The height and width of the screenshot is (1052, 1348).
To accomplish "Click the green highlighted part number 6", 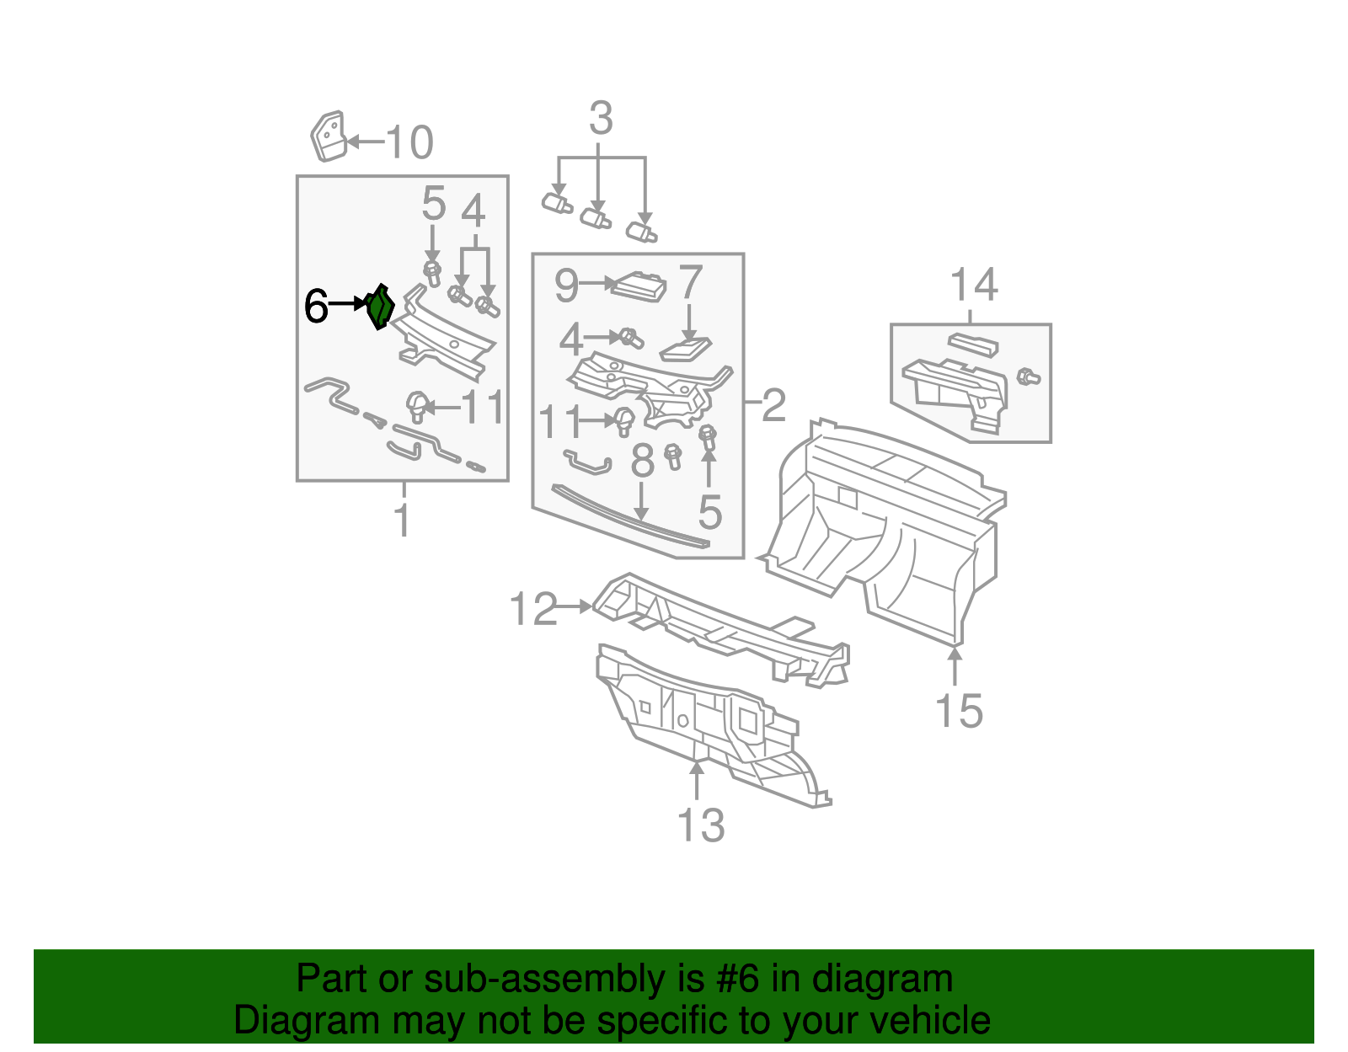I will (x=381, y=307).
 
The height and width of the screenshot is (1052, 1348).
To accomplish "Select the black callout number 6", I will (x=316, y=307).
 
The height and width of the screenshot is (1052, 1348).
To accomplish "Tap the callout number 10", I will (x=410, y=142).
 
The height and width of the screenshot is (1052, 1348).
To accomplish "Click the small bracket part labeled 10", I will (x=329, y=135).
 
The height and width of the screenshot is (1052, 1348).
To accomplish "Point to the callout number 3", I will (x=600, y=119).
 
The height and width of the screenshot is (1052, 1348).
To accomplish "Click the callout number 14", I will (x=974, y=286).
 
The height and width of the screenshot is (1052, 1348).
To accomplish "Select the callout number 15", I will (x=958, y=711).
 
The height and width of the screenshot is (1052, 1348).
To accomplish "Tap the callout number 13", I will (x=701, y=825).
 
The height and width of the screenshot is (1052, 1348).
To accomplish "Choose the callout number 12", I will (x=533, y=609).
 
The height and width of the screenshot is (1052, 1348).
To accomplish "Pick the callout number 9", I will (x=566, y=286).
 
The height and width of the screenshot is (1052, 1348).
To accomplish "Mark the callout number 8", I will (x=642, y=462).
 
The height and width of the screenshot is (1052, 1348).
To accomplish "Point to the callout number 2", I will (x=773, y=406).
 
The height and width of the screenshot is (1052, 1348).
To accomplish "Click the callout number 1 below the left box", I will (x=403, y=520).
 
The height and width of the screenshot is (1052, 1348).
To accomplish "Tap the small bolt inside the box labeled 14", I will (x=1027, y=376).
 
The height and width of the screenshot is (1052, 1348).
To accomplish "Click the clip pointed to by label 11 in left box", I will (x=417, y=406).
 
